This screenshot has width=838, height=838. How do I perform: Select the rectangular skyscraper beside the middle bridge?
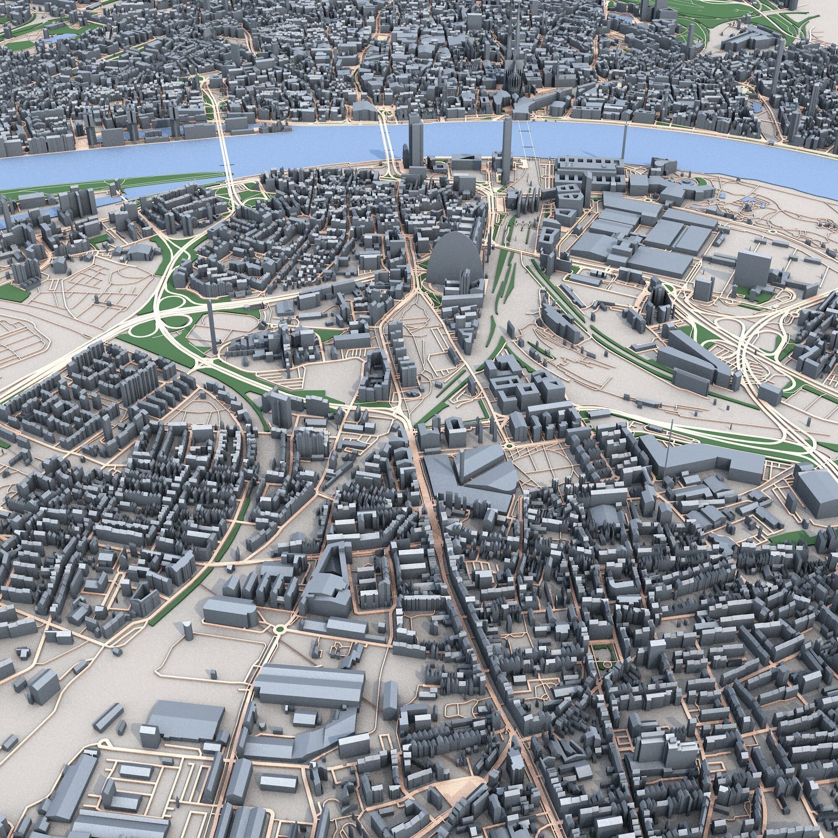(x=415, y=143)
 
